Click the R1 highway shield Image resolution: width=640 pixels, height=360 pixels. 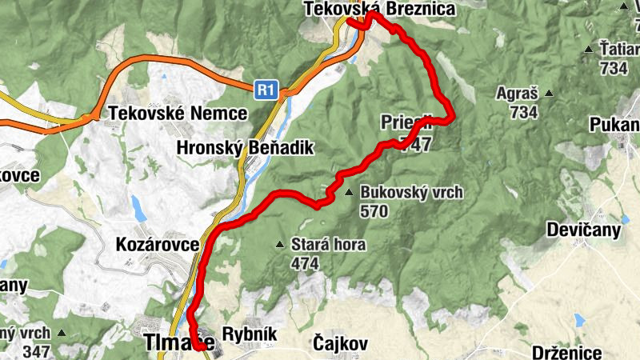(x=266, y=89)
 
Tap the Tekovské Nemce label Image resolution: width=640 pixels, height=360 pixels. (x=179, y=113)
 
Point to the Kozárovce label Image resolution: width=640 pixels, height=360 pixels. (x=157, y=244)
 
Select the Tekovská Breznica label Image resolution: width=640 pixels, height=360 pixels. (x=380, y=9)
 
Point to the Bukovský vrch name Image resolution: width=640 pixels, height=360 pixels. (x=411, y=193)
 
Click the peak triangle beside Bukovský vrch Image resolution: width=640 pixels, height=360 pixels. (x=348, y=193)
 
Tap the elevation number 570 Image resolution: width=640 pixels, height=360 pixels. (x=374, y=211)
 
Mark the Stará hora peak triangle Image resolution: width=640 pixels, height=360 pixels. (x=279, y=245)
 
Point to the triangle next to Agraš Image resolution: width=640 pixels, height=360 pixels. (x=549, y=93)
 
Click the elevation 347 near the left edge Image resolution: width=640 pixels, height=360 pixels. (x=37, y=350)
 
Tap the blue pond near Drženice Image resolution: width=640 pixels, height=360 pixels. (x=578, y=321)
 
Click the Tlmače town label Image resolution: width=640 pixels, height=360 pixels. (x=178, y=343)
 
